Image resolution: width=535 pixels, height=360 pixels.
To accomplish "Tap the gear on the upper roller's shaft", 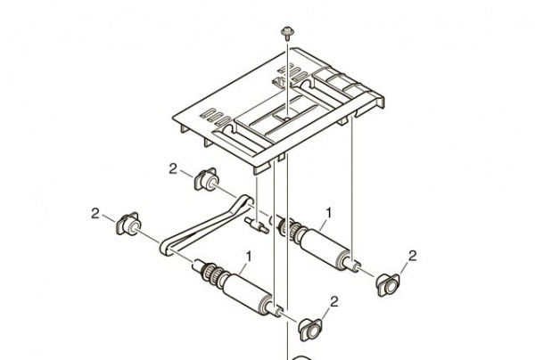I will [289, 229].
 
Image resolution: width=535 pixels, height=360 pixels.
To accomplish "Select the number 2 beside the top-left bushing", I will [174, 168].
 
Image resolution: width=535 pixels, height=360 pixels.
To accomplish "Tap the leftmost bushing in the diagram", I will [128, 223].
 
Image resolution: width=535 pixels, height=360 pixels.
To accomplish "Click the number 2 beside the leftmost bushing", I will [95, 211].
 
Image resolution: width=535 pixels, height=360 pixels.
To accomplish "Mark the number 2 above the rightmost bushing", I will [412, 257].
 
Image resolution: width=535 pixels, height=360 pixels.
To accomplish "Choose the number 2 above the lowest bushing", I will [334, 301].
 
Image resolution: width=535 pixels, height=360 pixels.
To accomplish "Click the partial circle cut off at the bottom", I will [304, 356].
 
